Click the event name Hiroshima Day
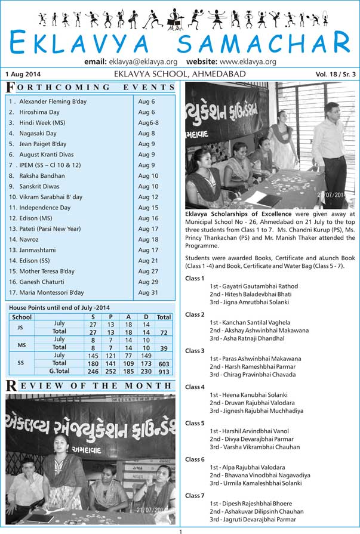coord(39,112)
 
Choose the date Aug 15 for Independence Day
coord(148,208)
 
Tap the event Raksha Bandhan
coord(42,176)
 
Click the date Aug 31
coord(148,293)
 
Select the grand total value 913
coord(164,371)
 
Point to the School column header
coord(22,317)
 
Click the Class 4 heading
coord(195,387)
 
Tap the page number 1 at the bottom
coord(180,530)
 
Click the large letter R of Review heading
coord(10,386)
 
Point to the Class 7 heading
coord(195,496)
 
